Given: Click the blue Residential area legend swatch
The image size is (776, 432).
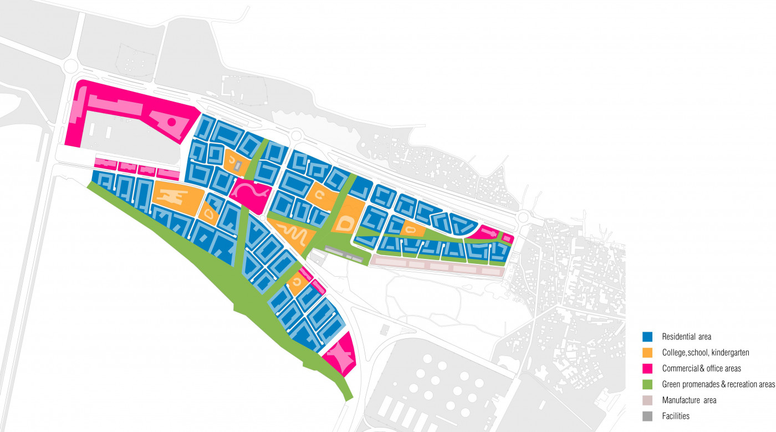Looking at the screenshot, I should click(647, 336).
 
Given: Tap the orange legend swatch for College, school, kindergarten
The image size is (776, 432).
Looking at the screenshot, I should click(647, 352).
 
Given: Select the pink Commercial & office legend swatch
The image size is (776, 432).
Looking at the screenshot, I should click(647, 368).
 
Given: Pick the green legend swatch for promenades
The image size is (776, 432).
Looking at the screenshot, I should click(647, 384).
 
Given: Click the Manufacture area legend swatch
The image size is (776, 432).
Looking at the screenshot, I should click(647, 400).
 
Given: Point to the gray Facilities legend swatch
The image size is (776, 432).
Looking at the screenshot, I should click(647, 415).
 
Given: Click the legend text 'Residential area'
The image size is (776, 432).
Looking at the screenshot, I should click(686, 337).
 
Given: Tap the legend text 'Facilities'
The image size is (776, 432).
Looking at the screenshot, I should click(676, 416).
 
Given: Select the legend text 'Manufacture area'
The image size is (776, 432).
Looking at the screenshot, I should click(689, 400).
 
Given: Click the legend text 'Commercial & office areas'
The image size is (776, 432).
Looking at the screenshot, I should click(701, 368).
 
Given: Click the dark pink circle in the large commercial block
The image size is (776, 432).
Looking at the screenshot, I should click(172, 121).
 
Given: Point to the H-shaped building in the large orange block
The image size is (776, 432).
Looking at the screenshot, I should click(172, 197).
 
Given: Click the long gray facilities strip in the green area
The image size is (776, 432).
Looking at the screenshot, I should click(344, 253).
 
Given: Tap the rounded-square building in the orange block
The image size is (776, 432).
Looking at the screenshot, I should click(345, 223).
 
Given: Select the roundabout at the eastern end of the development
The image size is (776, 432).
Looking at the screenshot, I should click(523, 216).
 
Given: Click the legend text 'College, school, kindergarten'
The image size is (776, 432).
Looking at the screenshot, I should click(705, 353).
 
